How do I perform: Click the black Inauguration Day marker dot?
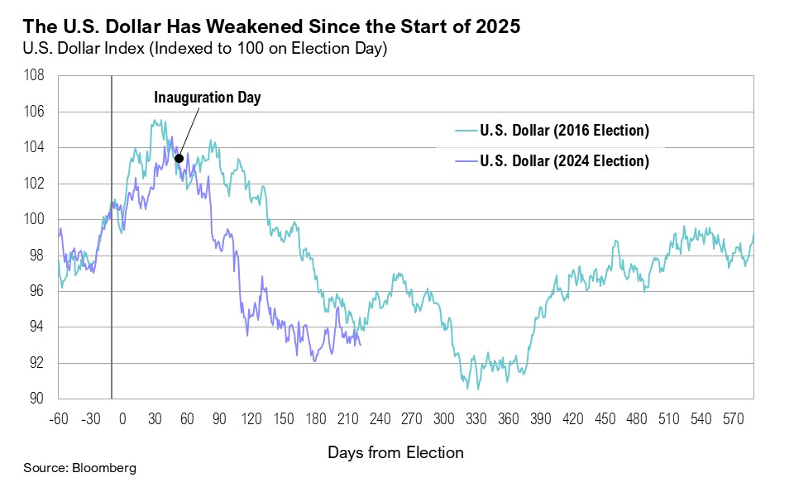pyautogui.click(x=179, y=158)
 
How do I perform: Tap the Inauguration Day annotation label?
pyautogui.click(x=207, y=98)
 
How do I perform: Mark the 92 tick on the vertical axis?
pyautogui.click(x=36, y=363)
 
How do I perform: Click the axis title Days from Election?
pyautogui.click(x=395, y=452)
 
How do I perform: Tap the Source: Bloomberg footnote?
pyautogui.click(x=79, y=468)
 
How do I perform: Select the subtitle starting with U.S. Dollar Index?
pyautogui.click(x=205, y=49)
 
